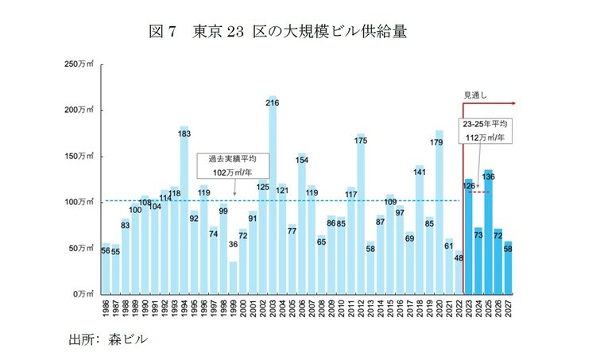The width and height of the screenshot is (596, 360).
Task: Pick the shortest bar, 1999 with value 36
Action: tap(233, 277)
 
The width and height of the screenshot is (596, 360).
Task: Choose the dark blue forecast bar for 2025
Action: tap(488, 231)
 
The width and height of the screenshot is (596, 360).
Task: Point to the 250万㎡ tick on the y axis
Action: tap(79, 63)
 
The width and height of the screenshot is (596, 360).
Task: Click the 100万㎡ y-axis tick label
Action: tap(79, 202)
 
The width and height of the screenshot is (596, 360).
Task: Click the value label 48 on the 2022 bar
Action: tap(459, 257)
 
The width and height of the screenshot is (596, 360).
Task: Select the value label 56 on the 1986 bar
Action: tap(106, 250)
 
